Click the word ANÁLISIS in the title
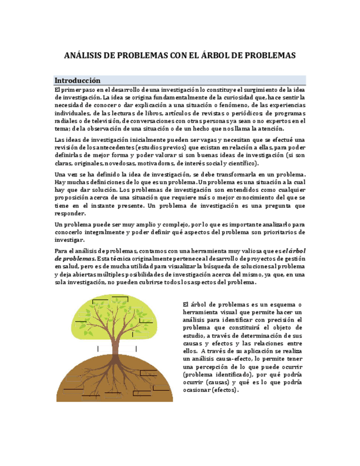[x=82, y=56]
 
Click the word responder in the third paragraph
[x=70, y=213]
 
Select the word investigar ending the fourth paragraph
[x=69, y=240]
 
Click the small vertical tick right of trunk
[x=136, y=348]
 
